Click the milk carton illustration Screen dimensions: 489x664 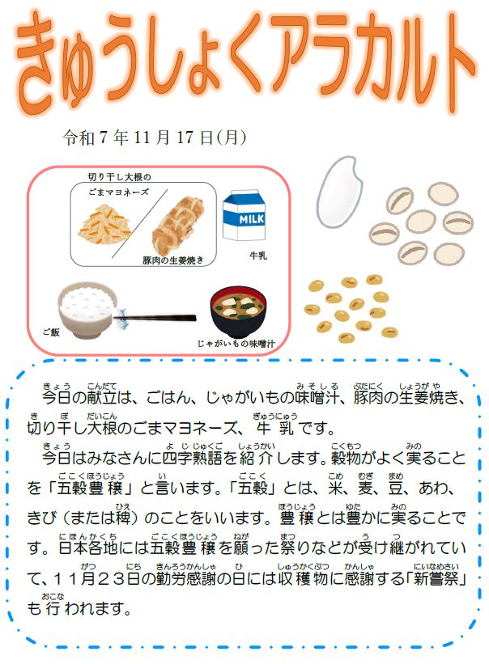tap(244, 216)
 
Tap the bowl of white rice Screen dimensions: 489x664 tap(87, 310)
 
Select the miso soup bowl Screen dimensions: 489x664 tap(239, 313)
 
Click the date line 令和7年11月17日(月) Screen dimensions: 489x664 tap(155, 137)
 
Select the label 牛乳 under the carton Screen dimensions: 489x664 tap(258, 256)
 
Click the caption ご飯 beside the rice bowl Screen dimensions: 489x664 tap(51, 332)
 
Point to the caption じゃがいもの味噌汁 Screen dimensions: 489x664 tap(236, 344)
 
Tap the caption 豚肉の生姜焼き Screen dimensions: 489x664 tap(173, 260)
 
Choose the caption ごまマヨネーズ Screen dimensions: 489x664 tap(119, 192)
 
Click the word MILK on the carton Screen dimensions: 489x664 tap(252, 219)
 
